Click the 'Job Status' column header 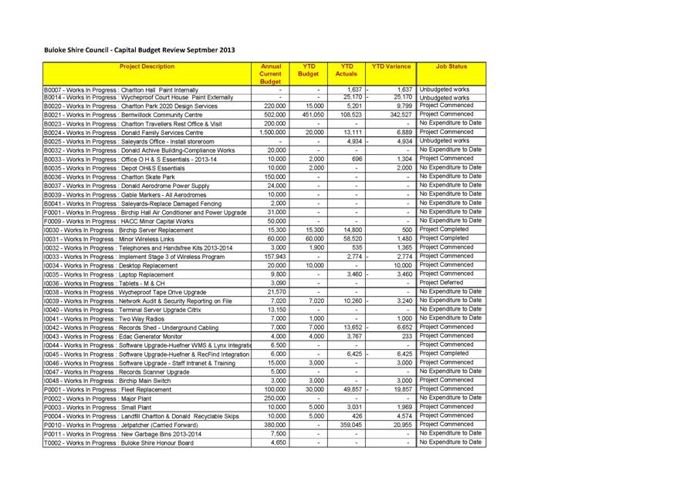point(451,67)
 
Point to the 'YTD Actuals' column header point(347,71)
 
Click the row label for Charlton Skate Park point(109,177)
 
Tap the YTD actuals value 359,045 point(351,425)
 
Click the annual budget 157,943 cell point(274,257)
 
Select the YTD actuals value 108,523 point(350,115)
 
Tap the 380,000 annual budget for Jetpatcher point(275,425)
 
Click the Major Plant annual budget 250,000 point(275,398)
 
